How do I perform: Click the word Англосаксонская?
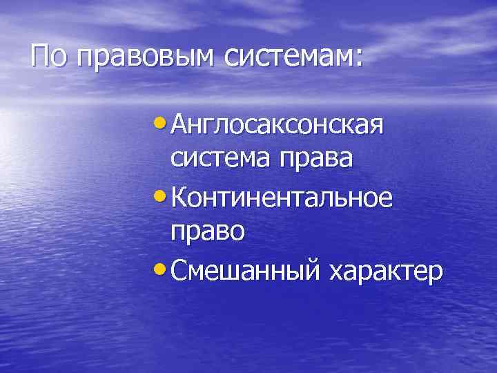click(x=277, y=126)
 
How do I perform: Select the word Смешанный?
click(x=246, y=271)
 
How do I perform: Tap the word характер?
click(x=386, y=273)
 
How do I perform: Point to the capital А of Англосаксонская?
click(x=179, y=126)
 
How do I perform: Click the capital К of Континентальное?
click(x=178, y=199)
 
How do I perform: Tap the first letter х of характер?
click(x=336, y=273)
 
